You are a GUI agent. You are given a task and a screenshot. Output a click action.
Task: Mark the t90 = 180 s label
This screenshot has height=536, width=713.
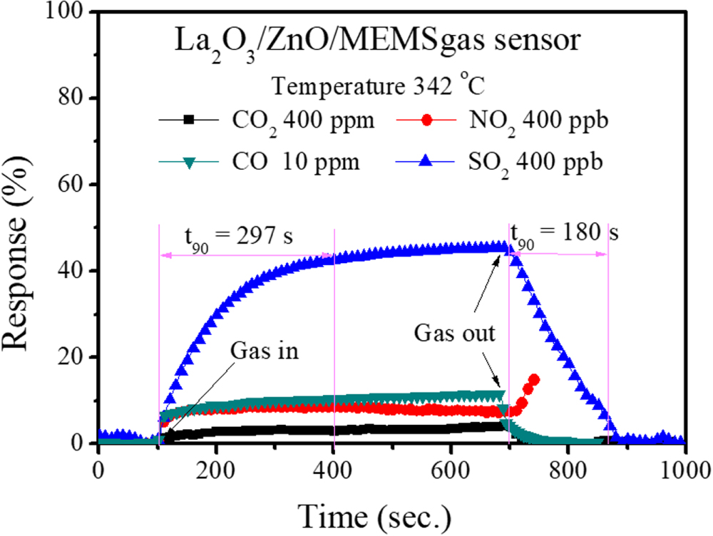[x=564, y=232]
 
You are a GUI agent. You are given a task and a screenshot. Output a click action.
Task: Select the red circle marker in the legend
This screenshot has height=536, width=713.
[x=426, y=121]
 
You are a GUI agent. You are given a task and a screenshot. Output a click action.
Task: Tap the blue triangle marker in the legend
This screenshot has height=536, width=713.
[x=426, y=162]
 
